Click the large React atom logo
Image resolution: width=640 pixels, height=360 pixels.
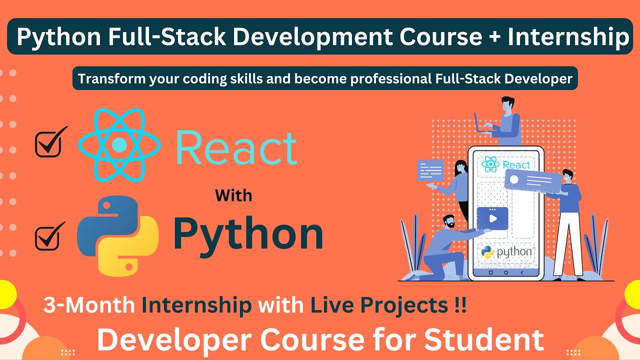119,144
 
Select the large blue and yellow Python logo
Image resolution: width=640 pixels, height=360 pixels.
118,235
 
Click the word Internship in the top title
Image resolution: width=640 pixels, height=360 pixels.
568,37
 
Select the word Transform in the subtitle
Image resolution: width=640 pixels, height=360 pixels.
110,79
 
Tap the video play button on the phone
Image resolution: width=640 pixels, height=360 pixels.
492,218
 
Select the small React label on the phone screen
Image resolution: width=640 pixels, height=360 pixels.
505,164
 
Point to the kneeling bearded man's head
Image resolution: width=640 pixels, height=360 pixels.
448,221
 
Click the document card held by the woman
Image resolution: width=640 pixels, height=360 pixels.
430,170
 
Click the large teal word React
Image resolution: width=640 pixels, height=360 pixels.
236,147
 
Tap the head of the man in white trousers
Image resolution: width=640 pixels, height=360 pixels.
566,176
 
